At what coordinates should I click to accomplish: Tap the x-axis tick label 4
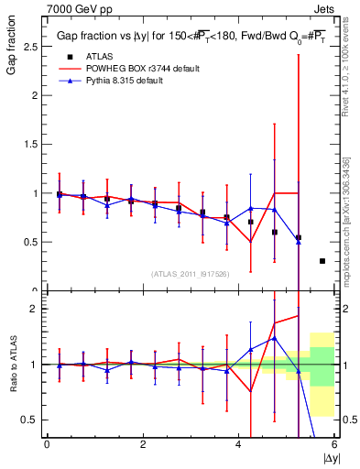[239, 445]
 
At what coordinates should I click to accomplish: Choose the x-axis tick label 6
[334, 445]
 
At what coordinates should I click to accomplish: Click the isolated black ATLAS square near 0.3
[322, 261]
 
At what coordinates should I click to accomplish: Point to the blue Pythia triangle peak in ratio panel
[273, 338]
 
